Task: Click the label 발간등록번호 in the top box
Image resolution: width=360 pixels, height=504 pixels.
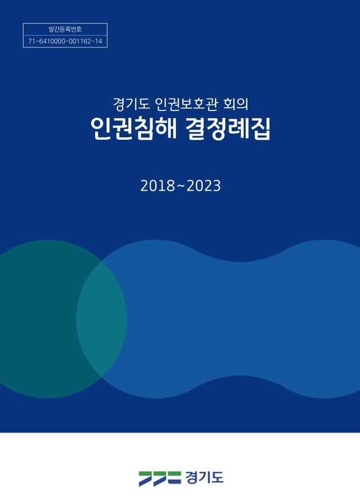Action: point(65,29)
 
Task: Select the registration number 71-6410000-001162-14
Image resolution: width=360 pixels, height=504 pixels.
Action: point(65,41)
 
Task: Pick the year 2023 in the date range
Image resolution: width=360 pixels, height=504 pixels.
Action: point(205,186)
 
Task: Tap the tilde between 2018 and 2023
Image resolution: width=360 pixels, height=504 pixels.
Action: point(179,187)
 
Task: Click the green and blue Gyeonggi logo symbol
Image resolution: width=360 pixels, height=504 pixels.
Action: point(159,478)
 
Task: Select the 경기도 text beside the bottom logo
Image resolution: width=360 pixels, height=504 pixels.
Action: point(204,477)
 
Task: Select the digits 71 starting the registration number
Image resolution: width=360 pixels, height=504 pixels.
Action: point(31,41)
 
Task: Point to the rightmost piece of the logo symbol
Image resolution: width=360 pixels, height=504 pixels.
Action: point(174,478)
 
